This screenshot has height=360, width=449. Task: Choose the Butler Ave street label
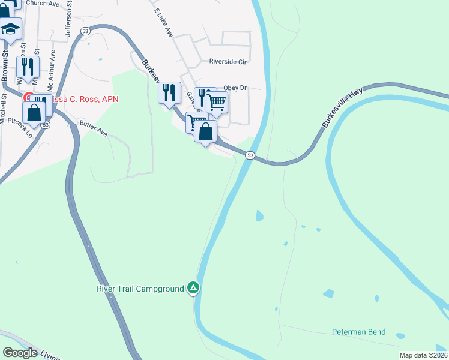(93, 128)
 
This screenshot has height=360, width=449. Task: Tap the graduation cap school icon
(10, 28)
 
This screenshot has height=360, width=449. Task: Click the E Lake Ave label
(163, 23)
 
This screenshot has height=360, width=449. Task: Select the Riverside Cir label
(228, 61)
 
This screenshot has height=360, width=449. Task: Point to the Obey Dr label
(235, 88)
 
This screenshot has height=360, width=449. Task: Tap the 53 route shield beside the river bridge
(250, 155)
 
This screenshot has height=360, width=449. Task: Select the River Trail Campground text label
(140, 289)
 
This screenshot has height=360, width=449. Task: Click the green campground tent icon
(193, 289)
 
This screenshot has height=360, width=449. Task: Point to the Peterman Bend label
(359, 332)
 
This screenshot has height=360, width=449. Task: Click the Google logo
(20, 353)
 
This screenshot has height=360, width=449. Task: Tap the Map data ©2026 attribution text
(423, 355)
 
